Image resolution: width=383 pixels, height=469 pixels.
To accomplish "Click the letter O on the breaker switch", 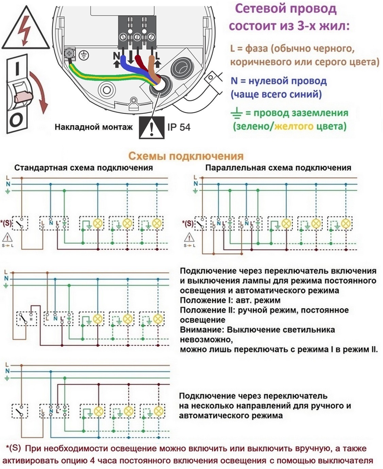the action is click(16, 120).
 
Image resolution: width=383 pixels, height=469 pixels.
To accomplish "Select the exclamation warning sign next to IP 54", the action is click(152, 128).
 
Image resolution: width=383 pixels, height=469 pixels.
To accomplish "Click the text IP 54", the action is click(179, 127).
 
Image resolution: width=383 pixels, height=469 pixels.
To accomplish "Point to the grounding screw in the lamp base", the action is click(69, 54).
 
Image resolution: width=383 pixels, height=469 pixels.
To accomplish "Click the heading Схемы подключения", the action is click(186, 156).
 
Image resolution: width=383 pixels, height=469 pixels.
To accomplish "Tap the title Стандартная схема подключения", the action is click(84, 168).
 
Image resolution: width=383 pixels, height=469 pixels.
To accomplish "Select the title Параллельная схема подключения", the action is click(278, 168).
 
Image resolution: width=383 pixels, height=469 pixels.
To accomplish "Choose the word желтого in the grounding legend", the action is click(294, 126).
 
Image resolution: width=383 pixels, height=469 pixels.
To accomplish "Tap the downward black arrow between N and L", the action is click(131, 57).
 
